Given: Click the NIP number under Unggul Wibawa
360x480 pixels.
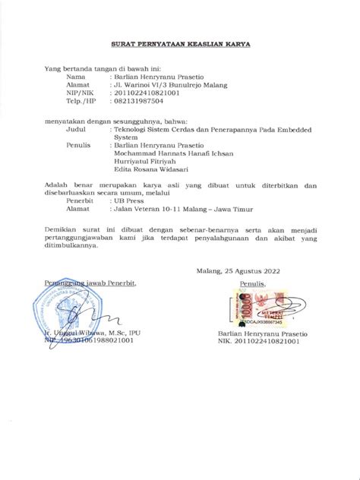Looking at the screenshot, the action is click(x=92, y=341).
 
